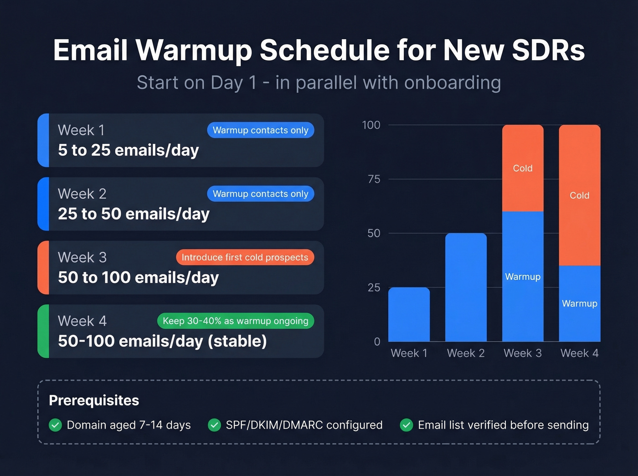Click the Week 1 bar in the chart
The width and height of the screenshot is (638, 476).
pyautogui.click(x=409, y=314)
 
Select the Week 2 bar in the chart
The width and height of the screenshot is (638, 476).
pyautogui.click(x=466, y=287)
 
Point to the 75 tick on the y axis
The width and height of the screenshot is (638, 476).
pyautogui.click(x=374, y=179)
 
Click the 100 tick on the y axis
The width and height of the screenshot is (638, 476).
pyautogui.click(x=371, y=125)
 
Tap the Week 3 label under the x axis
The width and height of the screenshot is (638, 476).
pyautogui.click(x=523, y=353)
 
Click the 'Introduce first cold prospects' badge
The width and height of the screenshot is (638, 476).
pyautogui.click(x=245, y=257)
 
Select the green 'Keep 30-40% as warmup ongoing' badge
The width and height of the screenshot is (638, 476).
pyautogui.click(x=235, y=321)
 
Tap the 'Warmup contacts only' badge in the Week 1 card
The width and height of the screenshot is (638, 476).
pyautogui.click(x=260, y=130)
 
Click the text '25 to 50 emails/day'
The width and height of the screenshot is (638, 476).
pyautogui.click(x=134, y=214)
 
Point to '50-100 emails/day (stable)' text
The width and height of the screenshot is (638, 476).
pyautogui.click(x=162, y=341)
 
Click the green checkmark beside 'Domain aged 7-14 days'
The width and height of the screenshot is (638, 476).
pyautogui.click(x=56, y=425)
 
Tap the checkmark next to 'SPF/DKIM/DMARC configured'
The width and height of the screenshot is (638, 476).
pyautogui.click(x=214, y=425)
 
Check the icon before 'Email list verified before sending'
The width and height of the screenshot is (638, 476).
pyautogui.click(x=406, y=425)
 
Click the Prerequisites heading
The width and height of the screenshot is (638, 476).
pyautogui.click(x=94, y=400)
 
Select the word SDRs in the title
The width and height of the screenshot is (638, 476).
pyautogui.click(x=548, y=50)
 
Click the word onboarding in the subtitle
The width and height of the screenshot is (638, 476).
pyautogui.click(x=452, y=83)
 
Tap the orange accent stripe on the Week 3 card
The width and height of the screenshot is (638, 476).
pyautogui.click(x=43, y=268)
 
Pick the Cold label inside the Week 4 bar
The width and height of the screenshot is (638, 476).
pyautogui.click(x=579, y=195)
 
